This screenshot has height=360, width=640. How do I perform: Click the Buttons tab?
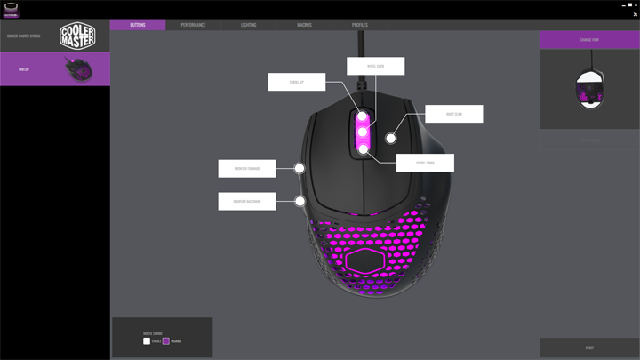point(138,25)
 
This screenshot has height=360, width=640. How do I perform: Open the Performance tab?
point(193,25)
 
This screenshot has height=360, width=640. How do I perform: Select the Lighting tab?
point(249,25)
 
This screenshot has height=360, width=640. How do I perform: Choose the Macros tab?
point(304,25)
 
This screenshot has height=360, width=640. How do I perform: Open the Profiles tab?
point(360,25)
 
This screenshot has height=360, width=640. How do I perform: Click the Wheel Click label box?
point(375,66)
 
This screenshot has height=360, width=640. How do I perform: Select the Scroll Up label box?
point(296,82)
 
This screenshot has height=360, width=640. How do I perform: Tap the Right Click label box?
point(453,114)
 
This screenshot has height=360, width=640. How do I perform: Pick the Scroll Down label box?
point(425,163)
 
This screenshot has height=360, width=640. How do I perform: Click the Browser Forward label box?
point(247,168)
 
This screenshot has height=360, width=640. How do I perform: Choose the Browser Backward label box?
point(247,201)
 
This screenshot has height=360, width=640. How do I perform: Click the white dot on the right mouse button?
point(391,139)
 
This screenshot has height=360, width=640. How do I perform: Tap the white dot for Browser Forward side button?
point(300,168)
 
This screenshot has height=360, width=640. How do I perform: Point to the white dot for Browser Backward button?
point(300,201)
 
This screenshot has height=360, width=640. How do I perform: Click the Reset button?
point(589,348)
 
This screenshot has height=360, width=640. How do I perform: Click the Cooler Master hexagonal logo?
point(77,36)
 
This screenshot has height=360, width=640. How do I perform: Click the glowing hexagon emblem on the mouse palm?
point(365,260)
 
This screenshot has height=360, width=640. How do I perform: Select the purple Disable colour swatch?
point(165,341)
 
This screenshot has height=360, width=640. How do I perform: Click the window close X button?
point(636,4)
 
